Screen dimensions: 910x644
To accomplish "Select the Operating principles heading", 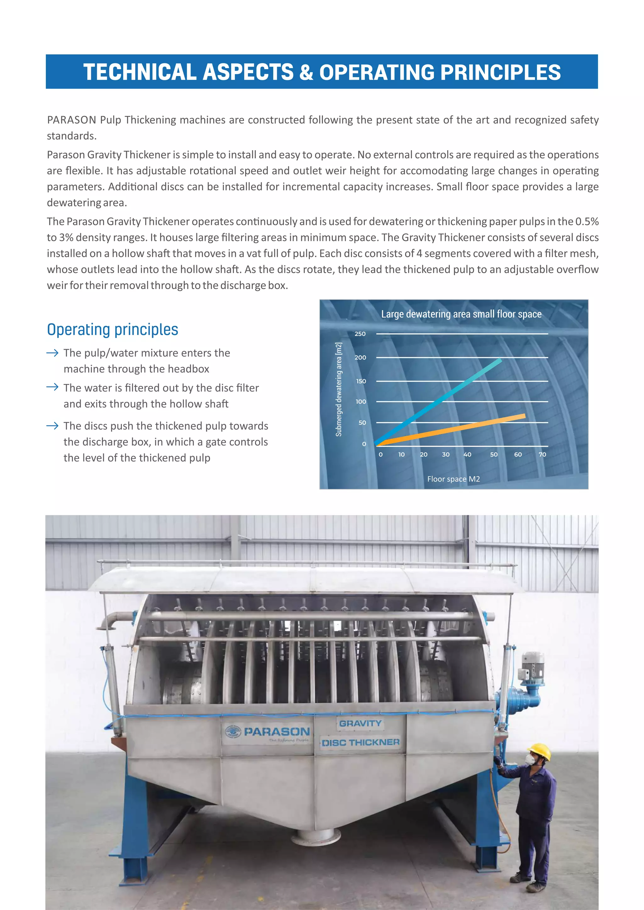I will tap(112, 329).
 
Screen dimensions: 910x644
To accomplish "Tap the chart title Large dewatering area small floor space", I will tap(461, 314).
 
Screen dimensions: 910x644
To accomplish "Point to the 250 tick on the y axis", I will tap(360, 334).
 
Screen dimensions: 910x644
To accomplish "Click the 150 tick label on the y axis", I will tap(361, 381).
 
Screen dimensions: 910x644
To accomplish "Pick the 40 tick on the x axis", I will tap(468, 455).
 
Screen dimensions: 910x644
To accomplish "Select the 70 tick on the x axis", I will tap(542, 455).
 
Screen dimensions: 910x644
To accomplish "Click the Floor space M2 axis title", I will tap(453, 479).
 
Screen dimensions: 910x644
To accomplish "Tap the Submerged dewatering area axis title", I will tap(339, 389).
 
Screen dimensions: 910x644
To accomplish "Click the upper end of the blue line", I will tap(500, 360).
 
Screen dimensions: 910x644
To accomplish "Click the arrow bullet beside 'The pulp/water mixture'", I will tap(52, 353).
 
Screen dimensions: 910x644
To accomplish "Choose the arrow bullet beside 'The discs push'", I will tap(52, 426).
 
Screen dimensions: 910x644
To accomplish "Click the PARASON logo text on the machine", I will tap(276, 732).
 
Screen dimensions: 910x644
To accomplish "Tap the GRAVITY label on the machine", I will tap(360, 723).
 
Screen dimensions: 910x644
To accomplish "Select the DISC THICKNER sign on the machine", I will tap(360, 742).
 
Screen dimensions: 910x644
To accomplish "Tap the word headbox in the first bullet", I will tap(188, 369).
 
